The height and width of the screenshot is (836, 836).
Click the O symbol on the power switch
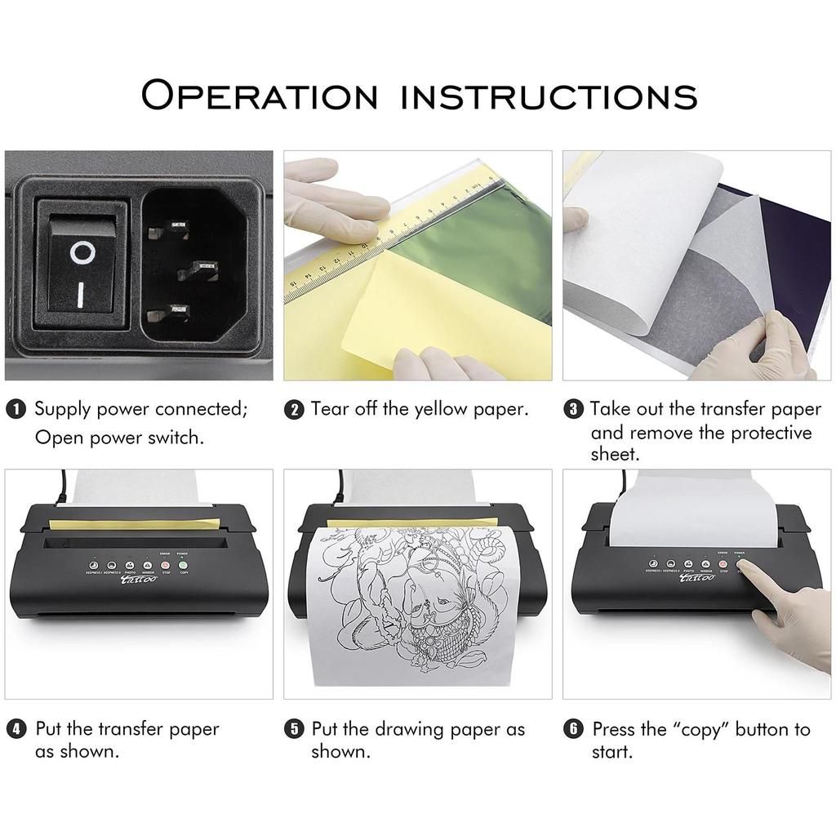81,253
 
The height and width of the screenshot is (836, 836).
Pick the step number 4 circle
16,729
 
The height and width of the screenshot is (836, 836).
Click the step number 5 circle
294,729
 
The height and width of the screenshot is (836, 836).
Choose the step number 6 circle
574,729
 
